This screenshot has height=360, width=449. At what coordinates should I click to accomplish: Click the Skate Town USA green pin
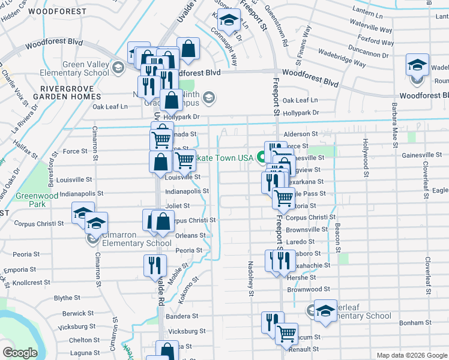coord(262,158)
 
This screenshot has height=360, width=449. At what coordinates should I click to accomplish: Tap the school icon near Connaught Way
coord(228,22)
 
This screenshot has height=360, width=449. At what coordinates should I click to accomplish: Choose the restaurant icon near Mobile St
coord(155,265)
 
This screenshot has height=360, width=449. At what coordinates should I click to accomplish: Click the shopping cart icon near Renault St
coord(287,333)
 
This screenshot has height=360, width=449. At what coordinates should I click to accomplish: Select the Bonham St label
coord(412,323)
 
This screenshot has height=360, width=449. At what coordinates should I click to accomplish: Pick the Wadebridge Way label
coord(342,58)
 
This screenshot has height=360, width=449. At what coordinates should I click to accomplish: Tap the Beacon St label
coord(339,239)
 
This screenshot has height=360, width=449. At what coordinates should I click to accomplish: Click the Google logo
coord(20,353)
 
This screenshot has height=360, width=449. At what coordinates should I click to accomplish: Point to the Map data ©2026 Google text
coord(412,355)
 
